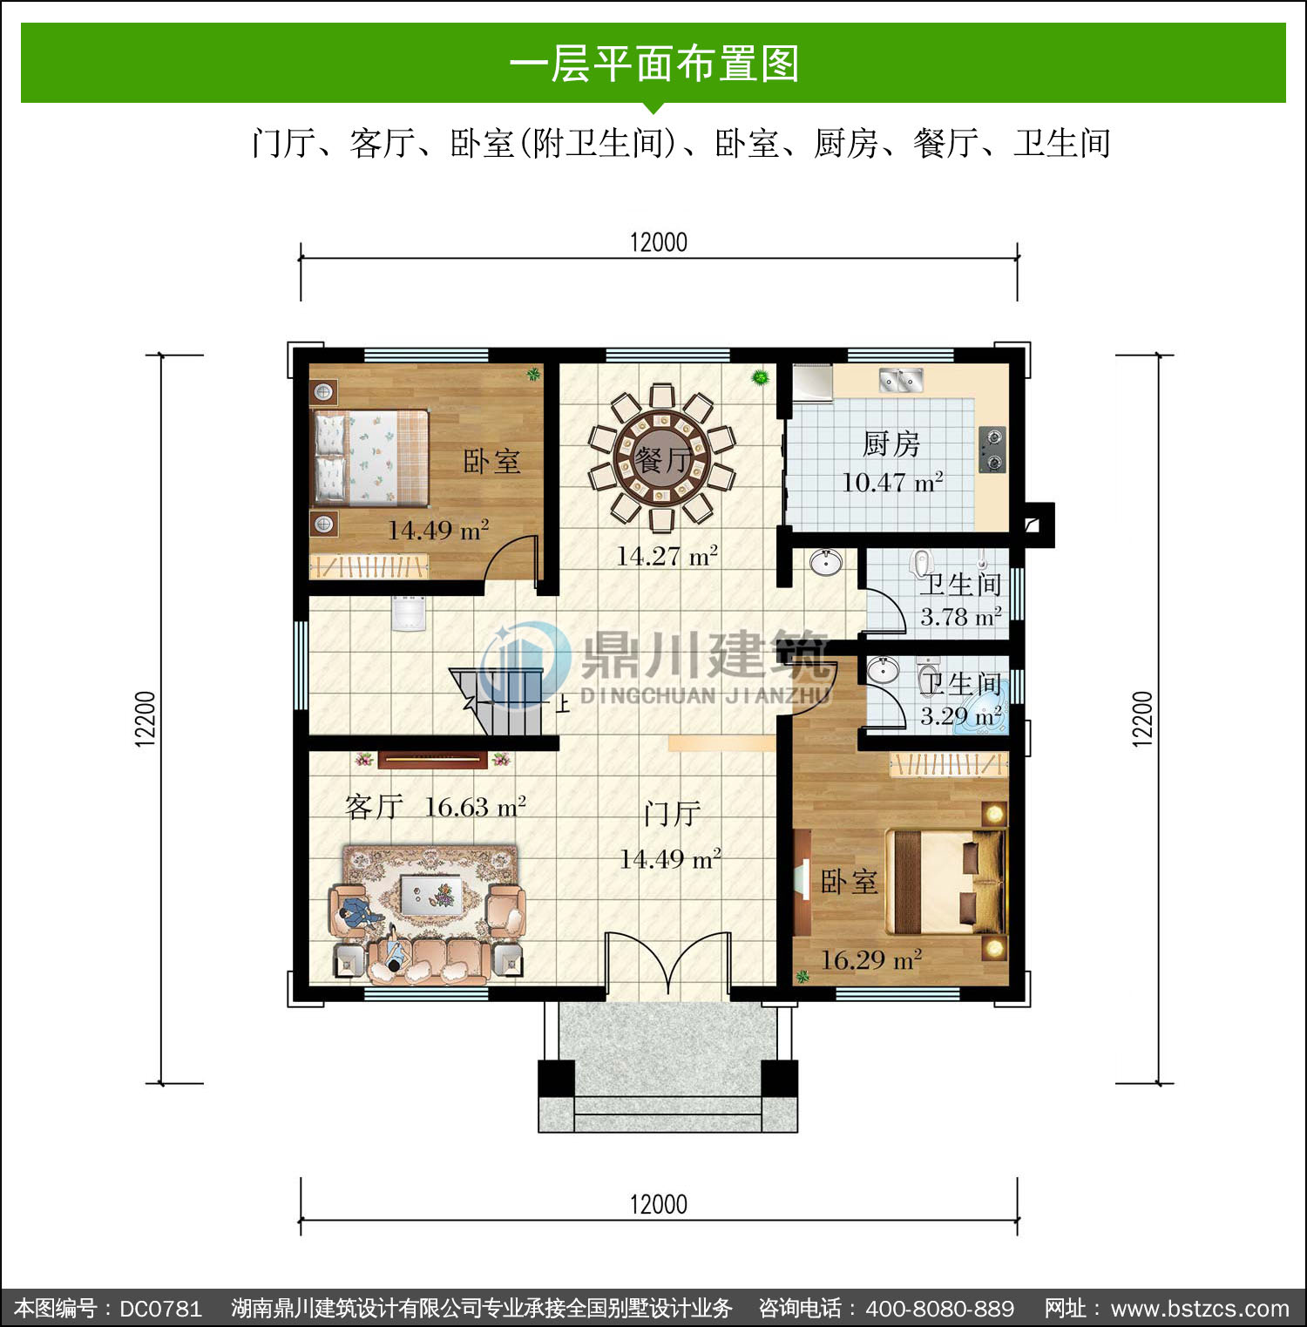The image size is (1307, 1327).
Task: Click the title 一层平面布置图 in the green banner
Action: click(653, 64)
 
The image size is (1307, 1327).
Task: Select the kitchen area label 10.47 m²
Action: click(892, 482)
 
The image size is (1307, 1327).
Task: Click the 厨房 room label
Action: click(891, 443)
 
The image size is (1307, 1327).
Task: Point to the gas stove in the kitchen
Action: click(992, 450)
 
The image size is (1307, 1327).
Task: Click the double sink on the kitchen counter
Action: click(901, 380)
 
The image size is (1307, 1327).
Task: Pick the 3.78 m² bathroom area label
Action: click(960, 617)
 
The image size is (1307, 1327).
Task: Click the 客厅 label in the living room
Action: click(374, 807)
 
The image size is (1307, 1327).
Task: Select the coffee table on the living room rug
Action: click(432, 893)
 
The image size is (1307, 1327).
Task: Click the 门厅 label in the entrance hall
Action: click(672, 815)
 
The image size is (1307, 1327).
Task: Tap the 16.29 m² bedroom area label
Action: click(871, 960)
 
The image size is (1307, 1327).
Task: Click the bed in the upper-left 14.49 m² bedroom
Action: click(371, 457)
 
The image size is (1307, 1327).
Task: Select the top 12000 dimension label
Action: click(659, 242)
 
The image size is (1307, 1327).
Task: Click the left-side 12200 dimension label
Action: click(146, 719)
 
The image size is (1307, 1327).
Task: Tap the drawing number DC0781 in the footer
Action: click(160, 1309)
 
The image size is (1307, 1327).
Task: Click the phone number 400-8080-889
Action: click(940, 1309)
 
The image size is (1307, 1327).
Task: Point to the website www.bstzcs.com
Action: click(1200, 1309)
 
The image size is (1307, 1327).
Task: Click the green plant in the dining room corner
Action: click(761, 377)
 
